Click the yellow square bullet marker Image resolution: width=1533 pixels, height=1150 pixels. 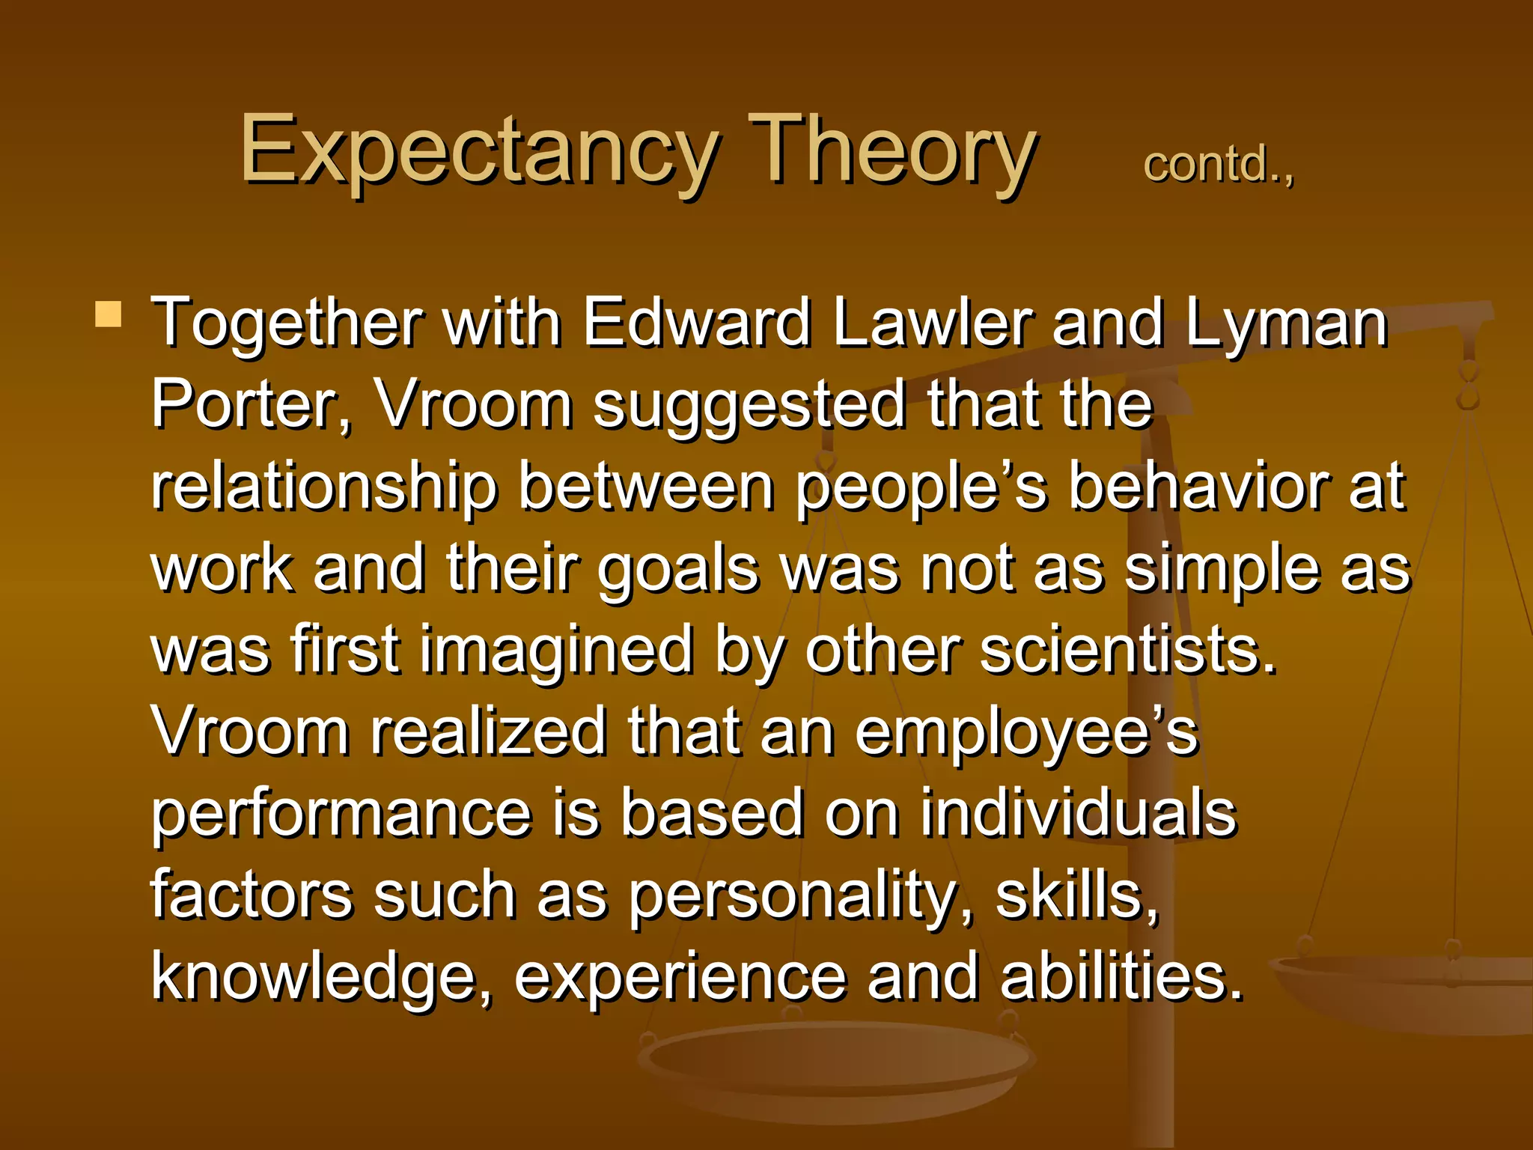coord(109,314)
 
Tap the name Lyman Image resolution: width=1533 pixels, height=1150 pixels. coord(1286,323)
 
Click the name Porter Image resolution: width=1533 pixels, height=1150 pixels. coord(250,404)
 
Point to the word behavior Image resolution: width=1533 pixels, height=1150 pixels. coord(1198,487)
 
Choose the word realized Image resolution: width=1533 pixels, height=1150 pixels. coord(488,731)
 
